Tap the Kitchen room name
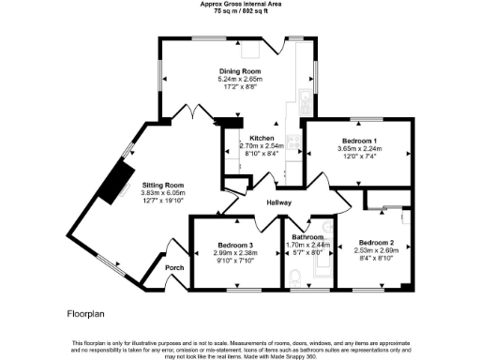pyautogui.click(x=235, y=138)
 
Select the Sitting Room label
pyautogui.click(x=162, y=185)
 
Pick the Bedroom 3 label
pyautogui.click(x=234, y=246)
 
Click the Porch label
pyautogui.click(x=174, y=268)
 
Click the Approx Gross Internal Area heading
pyautogui.click(x=239, y=4)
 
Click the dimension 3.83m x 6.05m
pyautogui.click(x=162, y=192)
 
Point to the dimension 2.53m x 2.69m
pyautogui.click(x=375, y=250)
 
